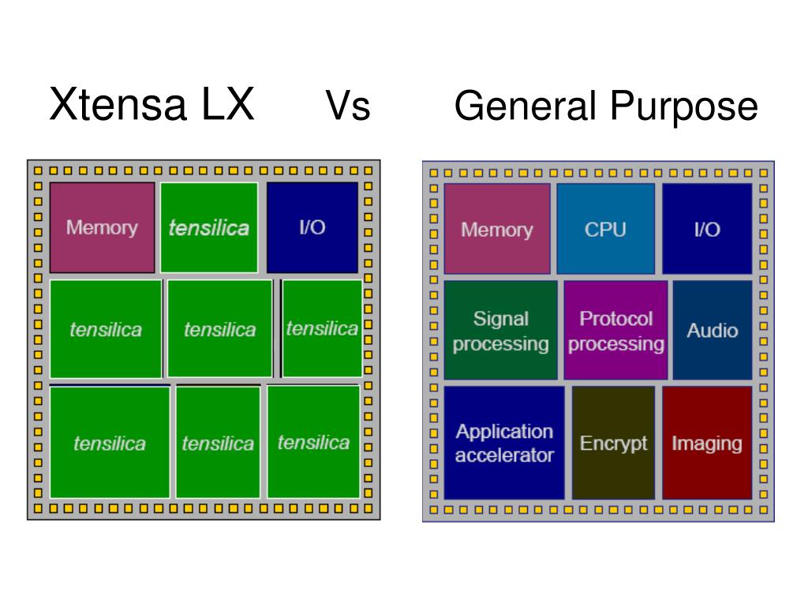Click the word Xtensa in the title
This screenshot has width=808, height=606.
[x=118, y=105]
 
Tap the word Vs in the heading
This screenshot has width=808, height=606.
[x=348, y=106]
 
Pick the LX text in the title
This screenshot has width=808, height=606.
[x=228, y=105]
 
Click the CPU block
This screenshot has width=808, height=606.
[x=605, y=229]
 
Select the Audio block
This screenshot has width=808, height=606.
[x=713, y=331]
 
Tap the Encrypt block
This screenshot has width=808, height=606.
[x=613, y=443]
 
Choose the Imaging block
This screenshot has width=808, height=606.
[x=707, y=443]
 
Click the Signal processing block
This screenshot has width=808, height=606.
[x=501, y=331]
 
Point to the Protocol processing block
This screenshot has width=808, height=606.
[x=615, y=331]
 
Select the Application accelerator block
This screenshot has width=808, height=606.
[x=504, y=443]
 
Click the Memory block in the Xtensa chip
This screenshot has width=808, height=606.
[x=102, y=228]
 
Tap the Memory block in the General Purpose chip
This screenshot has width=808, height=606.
[x=497, y=229]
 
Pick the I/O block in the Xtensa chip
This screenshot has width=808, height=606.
[x=312, y=228]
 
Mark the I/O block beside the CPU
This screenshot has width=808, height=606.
[x=707, y=229]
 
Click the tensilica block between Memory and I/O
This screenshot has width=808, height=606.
[x=209, y=228]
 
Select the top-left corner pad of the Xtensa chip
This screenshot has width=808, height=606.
[x=38, y=170]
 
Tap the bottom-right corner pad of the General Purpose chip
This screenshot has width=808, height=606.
[x=764, y=510]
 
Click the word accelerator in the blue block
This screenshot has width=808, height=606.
[x=504, y=455]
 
